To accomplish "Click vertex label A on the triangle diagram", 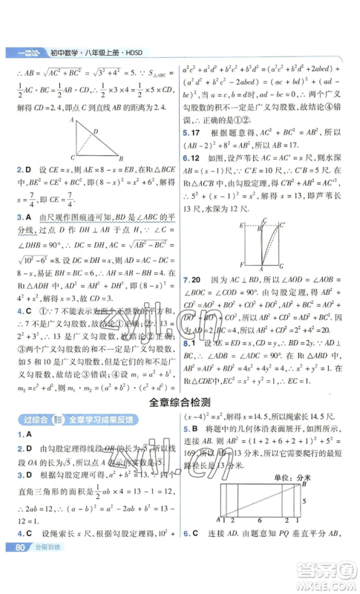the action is click(71, 120).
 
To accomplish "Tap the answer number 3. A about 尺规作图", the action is click(23, 216).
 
